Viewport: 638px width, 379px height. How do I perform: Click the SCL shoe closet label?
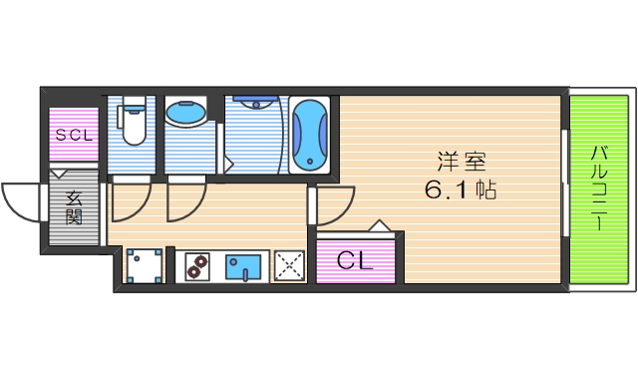click(x=74, y=135)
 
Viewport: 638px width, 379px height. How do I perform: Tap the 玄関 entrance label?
click(x=74, y=207)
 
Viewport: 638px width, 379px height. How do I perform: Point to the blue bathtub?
click(x=311, y=135)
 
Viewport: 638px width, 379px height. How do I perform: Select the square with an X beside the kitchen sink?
click(x=290, y=265)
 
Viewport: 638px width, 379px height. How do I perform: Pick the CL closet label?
click(x=354, y=261)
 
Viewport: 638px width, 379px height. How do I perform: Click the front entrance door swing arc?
click(x=22, y=201)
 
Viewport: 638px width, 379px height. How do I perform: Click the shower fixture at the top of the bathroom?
click(x=255, y=102)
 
